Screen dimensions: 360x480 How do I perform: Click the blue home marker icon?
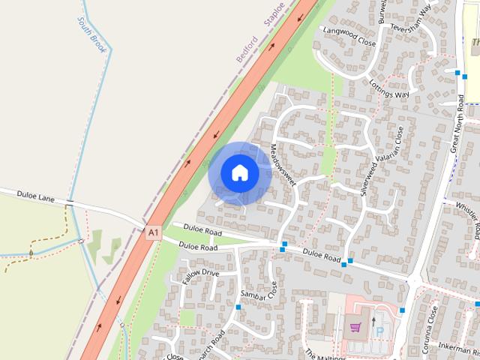(240, 173)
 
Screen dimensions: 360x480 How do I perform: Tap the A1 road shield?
(153, 233)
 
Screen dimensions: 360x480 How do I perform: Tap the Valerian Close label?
(399, 146)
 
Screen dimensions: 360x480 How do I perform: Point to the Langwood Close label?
(348, 35)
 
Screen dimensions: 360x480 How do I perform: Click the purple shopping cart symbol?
(355, 327)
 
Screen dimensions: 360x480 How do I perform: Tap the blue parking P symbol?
(379, 331)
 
